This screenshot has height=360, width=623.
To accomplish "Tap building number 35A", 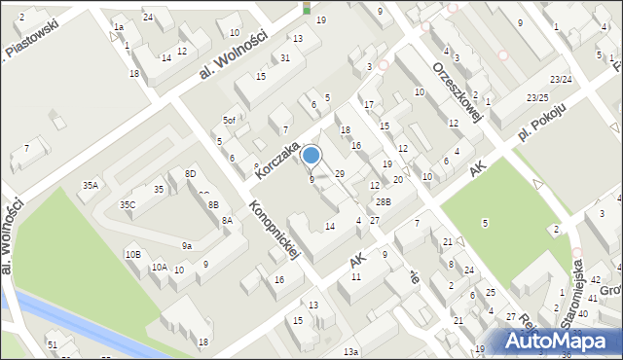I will point(90,185).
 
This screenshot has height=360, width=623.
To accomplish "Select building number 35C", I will point(128,205).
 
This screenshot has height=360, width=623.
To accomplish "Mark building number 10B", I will point(132,254).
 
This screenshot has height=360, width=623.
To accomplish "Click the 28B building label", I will point(384,202).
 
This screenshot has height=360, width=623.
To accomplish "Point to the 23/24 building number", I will point(560,79).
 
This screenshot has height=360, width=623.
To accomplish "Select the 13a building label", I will point(350,351).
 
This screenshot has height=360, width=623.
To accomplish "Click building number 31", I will point(284,58).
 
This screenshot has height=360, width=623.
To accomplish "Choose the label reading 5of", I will point(229,120).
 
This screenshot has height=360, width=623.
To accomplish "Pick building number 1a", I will point(118,27).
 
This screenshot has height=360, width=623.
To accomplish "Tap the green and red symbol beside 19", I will point(308,8).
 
